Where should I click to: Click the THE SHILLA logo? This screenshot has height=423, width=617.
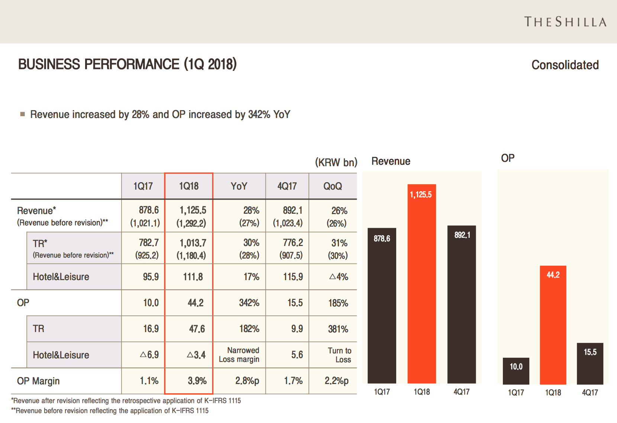point(565,22)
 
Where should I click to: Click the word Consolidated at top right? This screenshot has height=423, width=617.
point(565,65)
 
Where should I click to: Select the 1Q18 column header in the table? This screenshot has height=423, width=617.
point(189,186)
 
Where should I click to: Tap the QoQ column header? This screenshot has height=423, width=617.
point(333,186)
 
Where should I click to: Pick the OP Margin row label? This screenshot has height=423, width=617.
point(38,381)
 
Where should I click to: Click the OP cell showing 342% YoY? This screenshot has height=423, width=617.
point(249,303)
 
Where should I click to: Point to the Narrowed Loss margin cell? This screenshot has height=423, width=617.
point(239,355)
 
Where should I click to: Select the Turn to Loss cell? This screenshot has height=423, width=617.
point(339,355)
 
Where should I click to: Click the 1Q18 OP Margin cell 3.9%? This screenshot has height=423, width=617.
point(197,381)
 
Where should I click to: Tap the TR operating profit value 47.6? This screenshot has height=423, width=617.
point(197,329)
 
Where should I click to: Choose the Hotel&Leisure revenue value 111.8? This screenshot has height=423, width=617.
point(193,277)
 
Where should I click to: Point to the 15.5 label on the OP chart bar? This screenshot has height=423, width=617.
point(590,352)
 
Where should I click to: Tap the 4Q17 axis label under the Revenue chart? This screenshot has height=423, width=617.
point(462,392)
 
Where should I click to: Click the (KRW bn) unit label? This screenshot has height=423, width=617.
point(336,162)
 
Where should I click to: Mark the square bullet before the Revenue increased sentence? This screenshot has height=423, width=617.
point(23,114)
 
